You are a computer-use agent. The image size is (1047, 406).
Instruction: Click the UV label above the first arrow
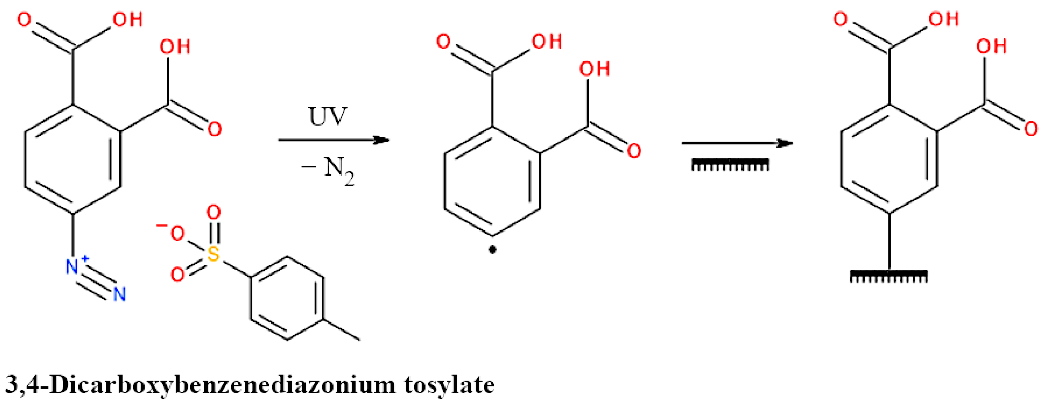pyautogui.click(x=328, y=116)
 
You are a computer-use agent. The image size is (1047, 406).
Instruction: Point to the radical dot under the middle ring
pyautogui.click(x=493, y=250)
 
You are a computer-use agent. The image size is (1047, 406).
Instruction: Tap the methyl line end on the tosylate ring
pyautogui.click(x=359, y=339)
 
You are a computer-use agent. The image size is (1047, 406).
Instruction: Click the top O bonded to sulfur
pyautogui.click(x=213, y=212)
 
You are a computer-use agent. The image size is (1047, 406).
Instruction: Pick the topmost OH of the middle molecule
pyautogui.click(x=547, y=41)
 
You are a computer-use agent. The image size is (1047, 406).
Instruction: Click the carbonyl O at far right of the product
pyautogui.click(x=1031, y=129)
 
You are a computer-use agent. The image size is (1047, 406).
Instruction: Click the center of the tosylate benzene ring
pyautogui.click(x=287, y=298)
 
